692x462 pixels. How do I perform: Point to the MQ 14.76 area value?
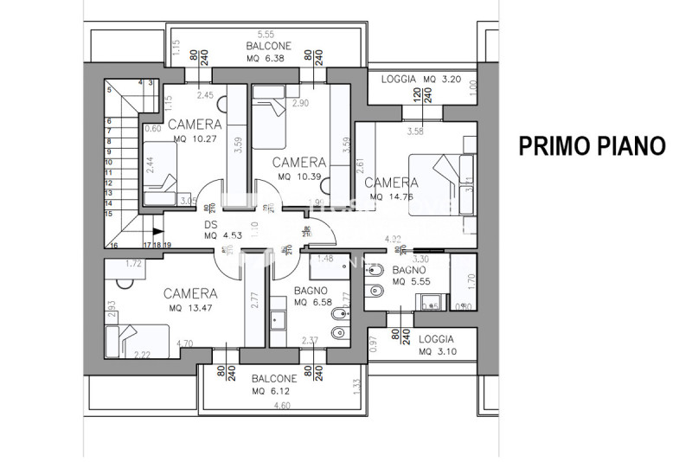pos(391,196)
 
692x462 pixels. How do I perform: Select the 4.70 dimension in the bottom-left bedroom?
pos(183,344)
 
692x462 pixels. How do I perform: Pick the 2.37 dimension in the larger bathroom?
pos(311,340)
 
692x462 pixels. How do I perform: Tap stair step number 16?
pos(113,246)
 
